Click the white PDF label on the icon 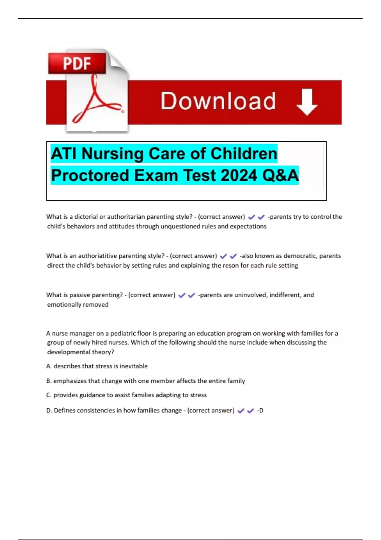click(x=77, y=63)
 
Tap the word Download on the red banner click(x=218, y=101)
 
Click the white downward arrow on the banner click(x=307, y=102)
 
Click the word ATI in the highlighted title click(x=63, y=154)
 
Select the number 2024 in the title click(x=238, y=175)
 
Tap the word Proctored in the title click(x=90, y=175)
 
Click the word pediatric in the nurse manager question click(x=123, y=334)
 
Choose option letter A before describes click(x=49, y=366)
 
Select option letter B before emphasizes click(x=49, y=381)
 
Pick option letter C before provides click(x=49, y=395)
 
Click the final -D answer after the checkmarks click(x=260, y=410)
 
